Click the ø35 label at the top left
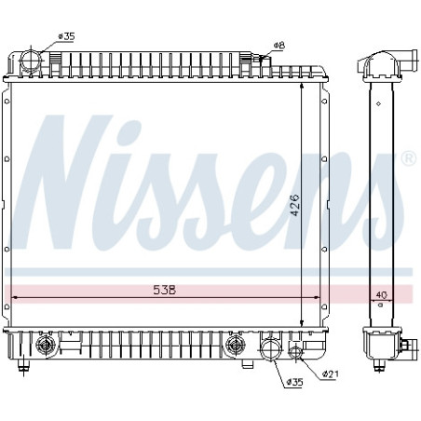tap(66, 36)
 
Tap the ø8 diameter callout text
tap(279, 46)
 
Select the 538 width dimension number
tap(165, 290)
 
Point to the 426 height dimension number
tap(294, 205)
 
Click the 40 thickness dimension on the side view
tap(381, 294)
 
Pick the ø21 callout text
tap(331, 374)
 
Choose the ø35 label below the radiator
tap(294, 382)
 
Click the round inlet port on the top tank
tap(30, 61)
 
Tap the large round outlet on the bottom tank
tap(271, 349)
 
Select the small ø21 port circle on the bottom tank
tap(294, 351)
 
